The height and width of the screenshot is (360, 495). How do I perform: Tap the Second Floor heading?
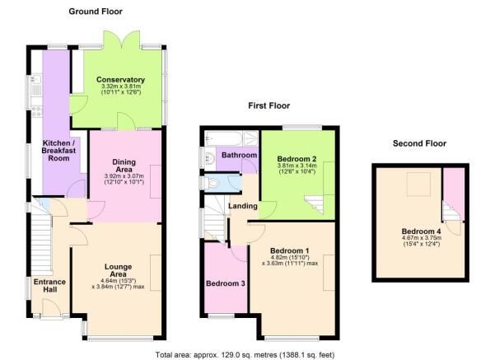[x=419, y=143]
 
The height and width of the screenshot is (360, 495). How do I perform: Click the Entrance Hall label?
[x=49, y=287]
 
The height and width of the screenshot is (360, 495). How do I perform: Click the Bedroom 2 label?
[x=297, y=158]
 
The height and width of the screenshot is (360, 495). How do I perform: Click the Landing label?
[x=240, y=205]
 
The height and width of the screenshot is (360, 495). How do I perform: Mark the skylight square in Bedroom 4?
[x=419, y=182]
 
